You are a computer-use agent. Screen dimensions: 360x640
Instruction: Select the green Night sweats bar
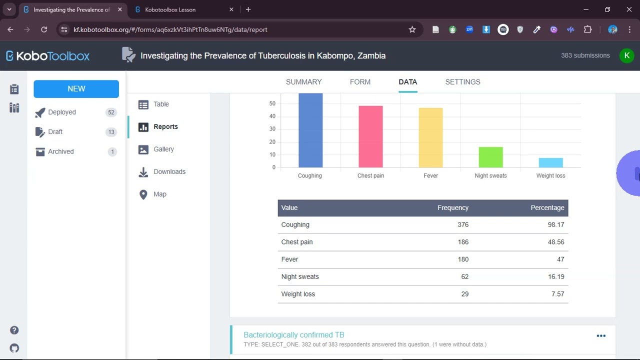click(490, 157)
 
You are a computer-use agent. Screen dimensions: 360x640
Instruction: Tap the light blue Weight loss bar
click(550, 162)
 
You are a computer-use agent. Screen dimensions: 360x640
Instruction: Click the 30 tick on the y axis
click(272, 129)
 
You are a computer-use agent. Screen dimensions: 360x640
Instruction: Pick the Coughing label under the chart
click(310, 175)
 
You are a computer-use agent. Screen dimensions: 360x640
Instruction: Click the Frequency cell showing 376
click(462, 224)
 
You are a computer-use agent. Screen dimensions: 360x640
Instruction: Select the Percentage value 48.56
click(555, 242)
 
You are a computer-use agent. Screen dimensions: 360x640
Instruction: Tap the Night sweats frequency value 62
click(464, 276)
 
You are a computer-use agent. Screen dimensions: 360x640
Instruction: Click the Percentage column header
click(547, 207)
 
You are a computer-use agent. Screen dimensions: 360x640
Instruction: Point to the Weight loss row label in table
click(298, 294)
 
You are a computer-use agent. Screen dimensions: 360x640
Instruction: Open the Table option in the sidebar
click(161, 104)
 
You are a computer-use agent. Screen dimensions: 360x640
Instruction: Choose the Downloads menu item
click(169, 171)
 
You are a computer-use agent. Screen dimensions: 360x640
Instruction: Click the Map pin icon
click(143, 194)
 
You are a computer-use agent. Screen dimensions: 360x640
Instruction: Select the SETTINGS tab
click(462, 82)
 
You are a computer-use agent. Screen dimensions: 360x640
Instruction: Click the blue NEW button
click(76, 88)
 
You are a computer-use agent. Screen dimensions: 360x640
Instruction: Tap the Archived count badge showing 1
click(112, 151)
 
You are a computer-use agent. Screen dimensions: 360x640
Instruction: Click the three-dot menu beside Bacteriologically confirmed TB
click(601, 336)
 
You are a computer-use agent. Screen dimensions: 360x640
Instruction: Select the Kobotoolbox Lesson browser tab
click(170, 9)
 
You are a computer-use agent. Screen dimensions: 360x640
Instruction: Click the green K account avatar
click(626, 55)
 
